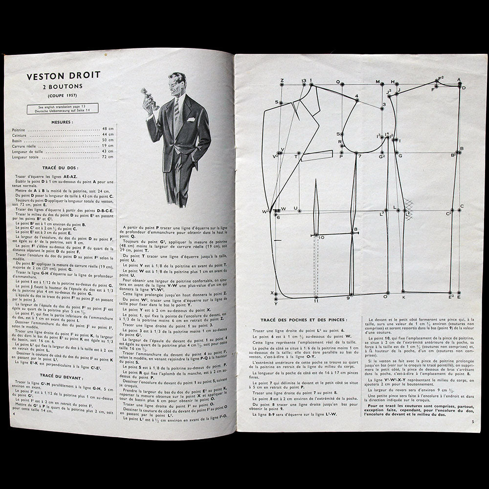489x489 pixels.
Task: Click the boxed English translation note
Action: click(63, 108)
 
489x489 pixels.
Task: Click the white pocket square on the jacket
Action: click(191, 119)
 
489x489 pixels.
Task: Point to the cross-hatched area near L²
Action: click(409, 208)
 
